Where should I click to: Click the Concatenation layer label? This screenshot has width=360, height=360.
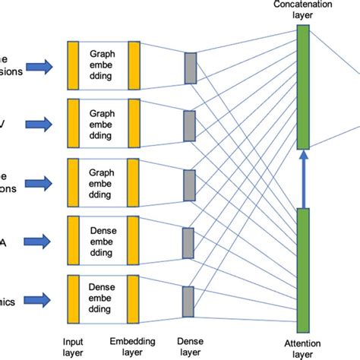tap(302, 11)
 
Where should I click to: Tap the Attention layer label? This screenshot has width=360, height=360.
tap(302, 349)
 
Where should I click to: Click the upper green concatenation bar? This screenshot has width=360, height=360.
tap(302, 87)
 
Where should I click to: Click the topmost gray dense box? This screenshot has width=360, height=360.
tap(190, 68)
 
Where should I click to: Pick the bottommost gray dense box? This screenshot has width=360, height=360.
tap(190, 300)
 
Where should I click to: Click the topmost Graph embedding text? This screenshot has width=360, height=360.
tap(103, 65)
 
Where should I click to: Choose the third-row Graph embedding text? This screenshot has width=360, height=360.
tap(103, 182)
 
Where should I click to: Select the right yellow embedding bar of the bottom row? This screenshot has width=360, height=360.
tap(134, 299)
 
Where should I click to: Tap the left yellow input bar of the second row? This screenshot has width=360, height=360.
tap(74, 123)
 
